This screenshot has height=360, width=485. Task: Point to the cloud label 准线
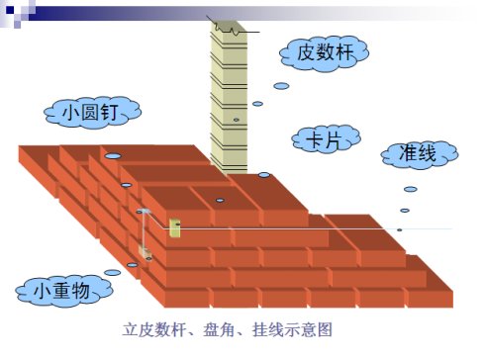419,153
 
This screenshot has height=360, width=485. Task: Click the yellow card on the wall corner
175,228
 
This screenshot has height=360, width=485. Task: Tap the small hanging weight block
147,252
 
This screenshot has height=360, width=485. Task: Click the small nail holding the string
145,212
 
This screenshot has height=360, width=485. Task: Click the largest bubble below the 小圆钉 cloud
113,156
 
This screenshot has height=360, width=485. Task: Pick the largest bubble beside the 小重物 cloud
113,273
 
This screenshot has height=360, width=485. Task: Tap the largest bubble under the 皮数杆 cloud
281,86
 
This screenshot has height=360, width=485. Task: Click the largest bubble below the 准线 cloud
410,189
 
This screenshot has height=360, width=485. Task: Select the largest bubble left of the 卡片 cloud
264,175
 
